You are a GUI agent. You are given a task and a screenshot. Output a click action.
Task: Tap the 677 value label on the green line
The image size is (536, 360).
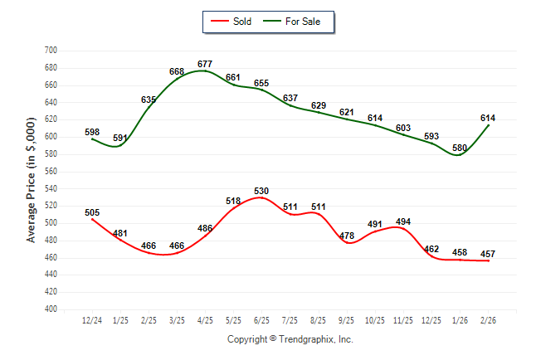205,64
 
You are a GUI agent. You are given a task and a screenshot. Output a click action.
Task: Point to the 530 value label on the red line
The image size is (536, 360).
261,192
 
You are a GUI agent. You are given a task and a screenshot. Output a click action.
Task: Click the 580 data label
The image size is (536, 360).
459,148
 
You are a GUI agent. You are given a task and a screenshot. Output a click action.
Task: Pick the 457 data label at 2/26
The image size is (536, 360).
488,254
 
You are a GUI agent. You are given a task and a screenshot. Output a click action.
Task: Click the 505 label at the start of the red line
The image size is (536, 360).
92,212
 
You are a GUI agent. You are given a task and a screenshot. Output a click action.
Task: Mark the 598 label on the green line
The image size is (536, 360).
92,132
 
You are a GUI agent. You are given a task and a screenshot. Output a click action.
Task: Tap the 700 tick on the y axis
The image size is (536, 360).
50,51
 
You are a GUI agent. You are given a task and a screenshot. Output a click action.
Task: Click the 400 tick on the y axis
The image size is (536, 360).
50,309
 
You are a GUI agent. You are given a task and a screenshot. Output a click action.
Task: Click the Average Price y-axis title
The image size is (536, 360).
32,179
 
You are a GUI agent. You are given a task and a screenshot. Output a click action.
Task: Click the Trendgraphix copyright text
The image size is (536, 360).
290,339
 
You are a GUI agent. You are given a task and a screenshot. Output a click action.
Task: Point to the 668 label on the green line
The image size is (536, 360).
177,72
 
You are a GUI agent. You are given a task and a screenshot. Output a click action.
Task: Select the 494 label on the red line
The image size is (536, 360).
403,221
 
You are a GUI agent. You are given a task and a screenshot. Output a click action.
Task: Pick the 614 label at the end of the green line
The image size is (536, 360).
488,119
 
